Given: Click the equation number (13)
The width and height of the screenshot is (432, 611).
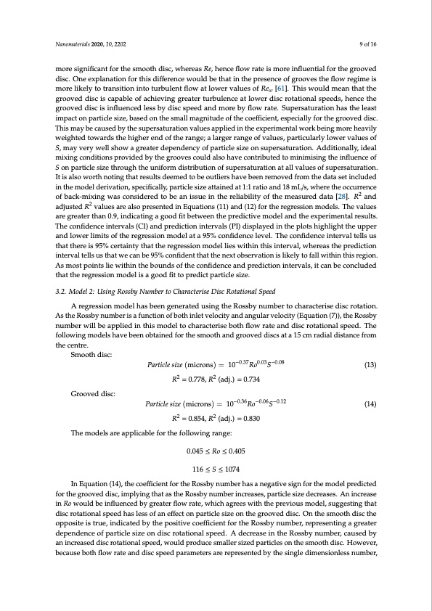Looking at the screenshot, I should pos(369,364).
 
